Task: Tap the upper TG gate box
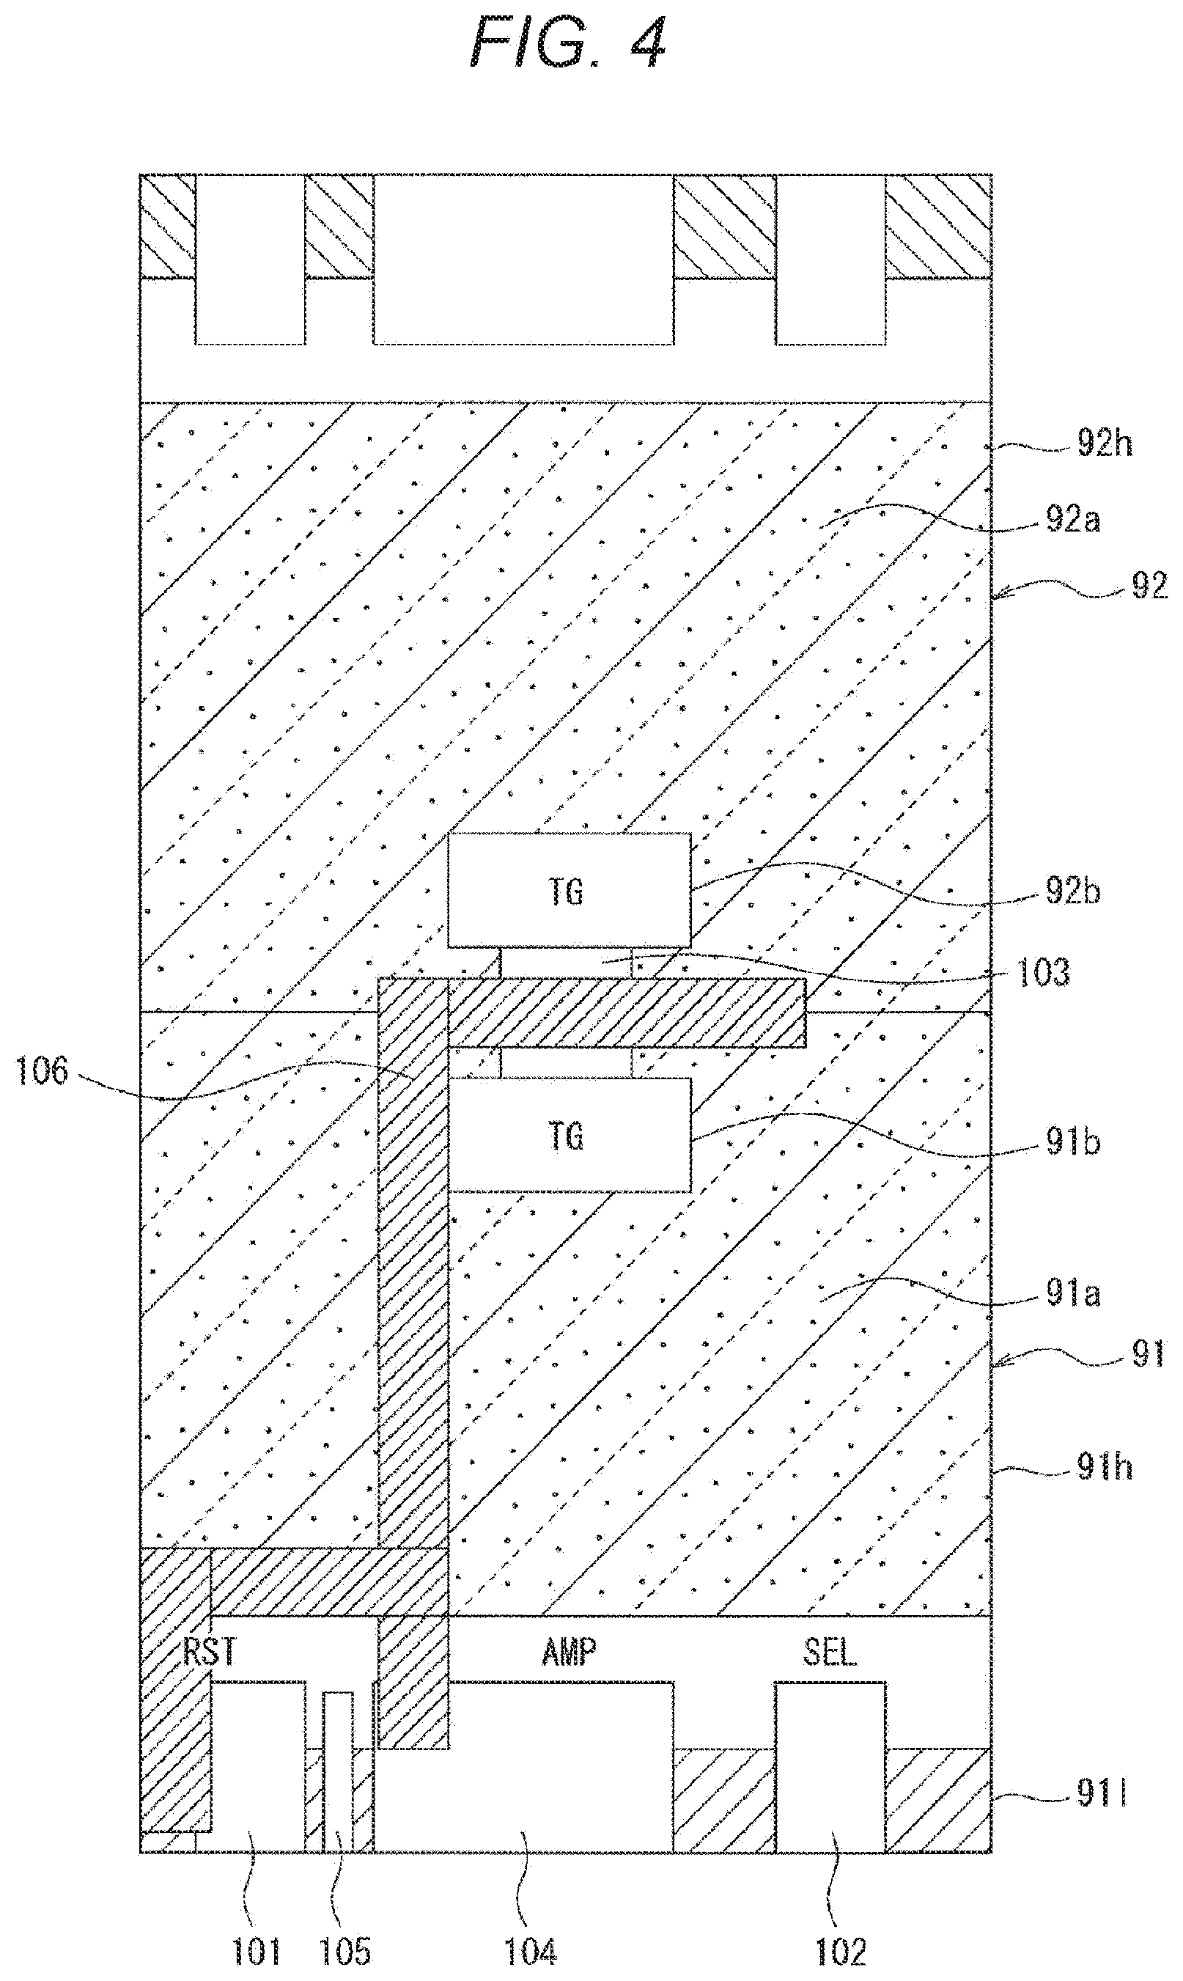pos(570,891)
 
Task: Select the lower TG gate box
pos(570,1135)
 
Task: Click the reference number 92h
pos(1105,444)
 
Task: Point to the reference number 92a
pos(1073,520)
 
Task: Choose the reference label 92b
pos(1073,892)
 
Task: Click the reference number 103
pos(1043,973)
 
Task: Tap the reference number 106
pos(43,1070)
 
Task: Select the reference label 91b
pos(1073,1142)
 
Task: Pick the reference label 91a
pos(1073,1294)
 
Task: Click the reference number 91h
pos(1105,1468)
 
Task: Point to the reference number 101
pos(257,1952)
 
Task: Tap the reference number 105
pos(345,1952)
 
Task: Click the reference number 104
pos(530,1952)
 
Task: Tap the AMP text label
pos(570,1652)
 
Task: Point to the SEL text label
pos(830,1652)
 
